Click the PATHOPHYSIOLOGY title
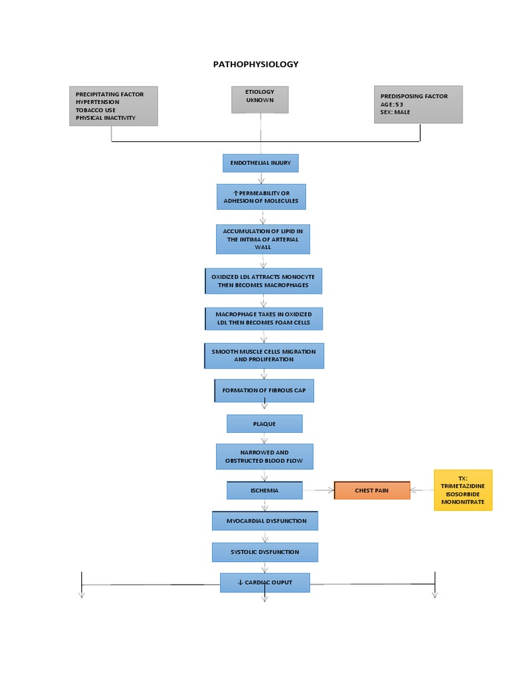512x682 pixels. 255,65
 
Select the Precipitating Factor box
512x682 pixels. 113,106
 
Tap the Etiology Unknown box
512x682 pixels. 260,100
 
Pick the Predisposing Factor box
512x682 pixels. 417,105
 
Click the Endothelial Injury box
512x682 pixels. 261,163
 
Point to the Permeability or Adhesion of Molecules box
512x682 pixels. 261,197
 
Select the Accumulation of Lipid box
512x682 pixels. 263,239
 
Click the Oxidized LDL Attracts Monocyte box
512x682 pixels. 263,281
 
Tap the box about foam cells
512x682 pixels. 263,318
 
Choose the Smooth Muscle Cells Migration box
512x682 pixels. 264,356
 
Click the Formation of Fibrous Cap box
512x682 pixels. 264,390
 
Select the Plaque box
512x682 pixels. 264,424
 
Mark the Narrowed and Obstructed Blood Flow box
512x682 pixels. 265,457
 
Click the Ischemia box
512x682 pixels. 265,491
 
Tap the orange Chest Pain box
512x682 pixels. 371,491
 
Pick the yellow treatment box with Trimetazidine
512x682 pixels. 463,490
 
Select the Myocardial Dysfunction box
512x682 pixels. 265,521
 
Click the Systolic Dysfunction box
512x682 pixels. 265,552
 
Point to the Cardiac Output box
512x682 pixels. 265,583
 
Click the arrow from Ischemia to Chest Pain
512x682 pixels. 318,491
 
